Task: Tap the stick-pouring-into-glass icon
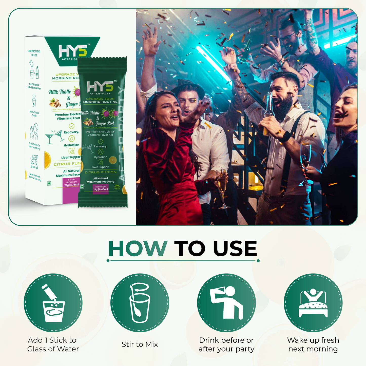(x=53, y=303)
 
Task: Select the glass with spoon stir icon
(x=140, y=303)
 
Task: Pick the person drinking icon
(x=226, y=303)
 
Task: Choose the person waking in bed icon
(x=313, y=303)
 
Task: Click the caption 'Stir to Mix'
(x=140, y=344)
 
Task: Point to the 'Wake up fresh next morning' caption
(x=313, y=344)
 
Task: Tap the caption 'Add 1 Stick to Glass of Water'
(x=53, y=344)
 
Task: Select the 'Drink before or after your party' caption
(x=226, y=344)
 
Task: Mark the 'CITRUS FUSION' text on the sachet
(x=101, y=172)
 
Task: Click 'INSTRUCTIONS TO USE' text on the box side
(x=34, y=53)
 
